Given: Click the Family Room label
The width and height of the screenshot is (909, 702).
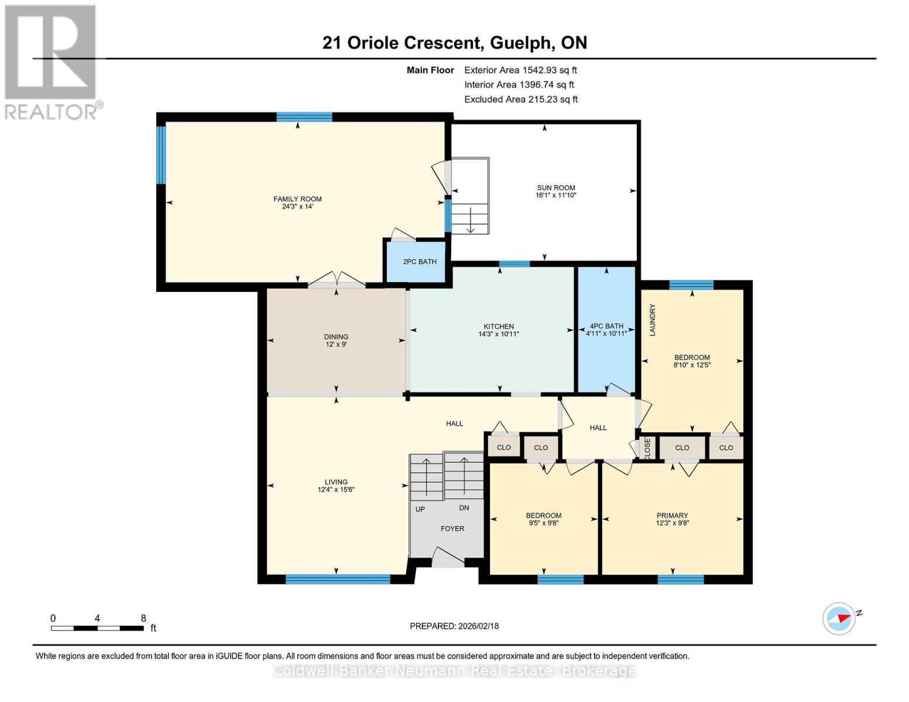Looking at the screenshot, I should click(x=297, y=199).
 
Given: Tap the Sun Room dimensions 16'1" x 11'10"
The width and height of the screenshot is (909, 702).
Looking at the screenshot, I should click(x=555, y=195).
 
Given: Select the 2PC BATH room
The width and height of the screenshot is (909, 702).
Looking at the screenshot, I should click(x=419, y=261).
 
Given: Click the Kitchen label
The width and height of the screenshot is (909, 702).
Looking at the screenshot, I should click(x=498, y=326).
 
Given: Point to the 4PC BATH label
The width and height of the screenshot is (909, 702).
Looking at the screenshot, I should click(x=606, y=326).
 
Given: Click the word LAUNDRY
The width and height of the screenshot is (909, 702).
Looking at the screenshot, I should click(x=652, y=319).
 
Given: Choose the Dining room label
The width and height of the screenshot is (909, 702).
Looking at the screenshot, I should click(x=336, y=336).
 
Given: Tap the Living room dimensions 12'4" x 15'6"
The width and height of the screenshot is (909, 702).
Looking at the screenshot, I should click(x=336, y=490).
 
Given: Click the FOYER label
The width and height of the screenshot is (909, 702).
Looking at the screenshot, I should click(x=452, y=528).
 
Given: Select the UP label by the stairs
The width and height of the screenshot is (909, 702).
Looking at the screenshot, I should click(x=420, y=509).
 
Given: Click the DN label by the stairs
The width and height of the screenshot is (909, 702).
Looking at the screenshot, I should click(x=464, y=508).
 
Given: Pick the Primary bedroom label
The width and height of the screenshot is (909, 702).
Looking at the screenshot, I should click(x=672, y=515).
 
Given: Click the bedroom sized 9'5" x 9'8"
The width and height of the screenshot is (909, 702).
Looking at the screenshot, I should click(x=543, y=519).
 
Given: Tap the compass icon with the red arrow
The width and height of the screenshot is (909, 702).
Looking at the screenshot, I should click(x=839, y=618).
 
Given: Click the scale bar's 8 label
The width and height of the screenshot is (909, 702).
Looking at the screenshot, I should click(x=143, y=618).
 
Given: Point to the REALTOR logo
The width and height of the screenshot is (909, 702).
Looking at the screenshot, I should click(x=51, y=61).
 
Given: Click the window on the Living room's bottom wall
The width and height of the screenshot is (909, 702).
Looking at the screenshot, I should click(x=338, y=579).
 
